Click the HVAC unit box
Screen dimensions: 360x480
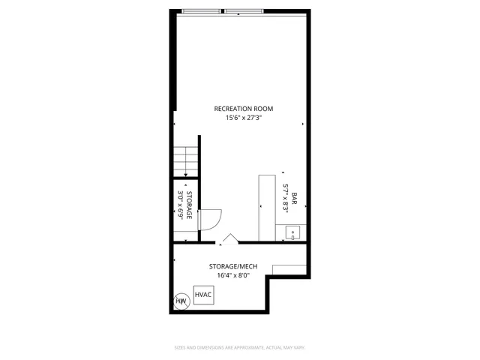tap(203, 295)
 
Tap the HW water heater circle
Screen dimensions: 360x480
tap(181, 301)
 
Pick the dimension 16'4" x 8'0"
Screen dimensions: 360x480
tap(232, 275)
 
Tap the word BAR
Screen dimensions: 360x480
tap(295, 199)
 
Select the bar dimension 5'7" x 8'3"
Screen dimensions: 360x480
tap(286, 199)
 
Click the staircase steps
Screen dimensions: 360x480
tap(185, 160)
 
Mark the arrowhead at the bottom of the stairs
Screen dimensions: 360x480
tap(186, 175)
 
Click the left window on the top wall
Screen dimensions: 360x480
tap(202, 10)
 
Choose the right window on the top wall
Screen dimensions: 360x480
tap(243, 10)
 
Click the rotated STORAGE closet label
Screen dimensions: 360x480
tap(189, 205)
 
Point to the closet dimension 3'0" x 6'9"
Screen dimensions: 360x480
tap(180, 205)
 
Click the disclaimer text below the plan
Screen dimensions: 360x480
tap(240, 348)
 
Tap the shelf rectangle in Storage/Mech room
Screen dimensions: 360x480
tap(289, 269)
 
